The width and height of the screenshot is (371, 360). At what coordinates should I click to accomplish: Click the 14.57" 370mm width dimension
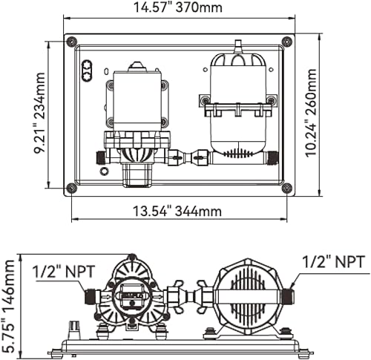[x=179, y=8]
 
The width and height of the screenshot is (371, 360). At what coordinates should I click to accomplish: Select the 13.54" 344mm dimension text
[x=178, y=212]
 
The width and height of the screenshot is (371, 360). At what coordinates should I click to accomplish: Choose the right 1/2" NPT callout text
[x=334, y=261]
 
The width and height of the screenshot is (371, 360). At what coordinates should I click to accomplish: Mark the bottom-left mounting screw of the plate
[x=70, y=188]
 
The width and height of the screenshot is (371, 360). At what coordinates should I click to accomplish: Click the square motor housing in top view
[x=137, y=100]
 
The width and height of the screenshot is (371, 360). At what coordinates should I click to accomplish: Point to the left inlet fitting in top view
[x=100, y=157]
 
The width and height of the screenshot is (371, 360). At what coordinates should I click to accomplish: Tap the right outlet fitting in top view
[x=272, y=157]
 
